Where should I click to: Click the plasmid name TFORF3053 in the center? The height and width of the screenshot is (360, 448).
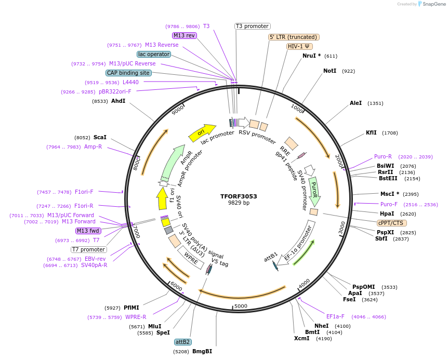239,196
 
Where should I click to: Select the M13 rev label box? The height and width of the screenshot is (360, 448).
185,35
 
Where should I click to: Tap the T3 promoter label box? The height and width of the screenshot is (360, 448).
253,26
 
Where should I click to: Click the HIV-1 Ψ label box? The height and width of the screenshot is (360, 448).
300,46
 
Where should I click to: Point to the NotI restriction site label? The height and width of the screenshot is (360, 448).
330,71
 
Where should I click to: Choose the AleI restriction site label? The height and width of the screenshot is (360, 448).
355,103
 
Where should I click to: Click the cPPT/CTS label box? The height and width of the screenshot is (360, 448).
391,223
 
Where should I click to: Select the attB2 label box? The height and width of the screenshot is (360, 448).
183,342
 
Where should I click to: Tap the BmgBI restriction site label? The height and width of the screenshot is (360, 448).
202,351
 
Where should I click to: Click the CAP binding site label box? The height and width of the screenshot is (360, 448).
128,73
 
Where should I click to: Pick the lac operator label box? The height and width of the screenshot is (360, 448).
154,54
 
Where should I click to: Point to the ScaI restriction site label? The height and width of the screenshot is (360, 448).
100,137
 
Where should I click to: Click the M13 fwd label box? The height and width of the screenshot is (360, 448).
88,231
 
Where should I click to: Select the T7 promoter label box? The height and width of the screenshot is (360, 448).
89,249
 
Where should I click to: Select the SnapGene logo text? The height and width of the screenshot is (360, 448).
433,4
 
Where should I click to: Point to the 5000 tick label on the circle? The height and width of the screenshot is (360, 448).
241,306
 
